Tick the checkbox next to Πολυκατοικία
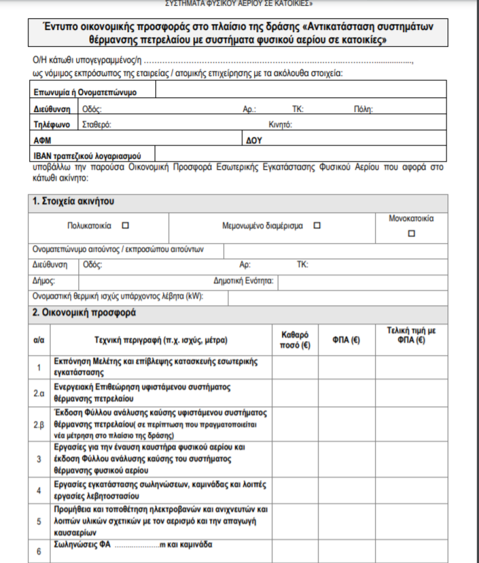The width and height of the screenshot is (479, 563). pos(126,225)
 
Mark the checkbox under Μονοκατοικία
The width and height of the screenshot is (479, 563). pos(412,233)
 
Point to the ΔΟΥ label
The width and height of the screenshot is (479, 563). pos(255,140)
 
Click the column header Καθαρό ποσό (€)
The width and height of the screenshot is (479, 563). pos(296,340)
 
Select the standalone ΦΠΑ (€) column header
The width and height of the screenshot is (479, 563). pos(347,341)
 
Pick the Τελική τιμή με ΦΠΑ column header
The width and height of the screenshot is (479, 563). pos(411,335)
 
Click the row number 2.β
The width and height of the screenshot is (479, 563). pos(39,424)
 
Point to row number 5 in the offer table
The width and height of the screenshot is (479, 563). pos(39,521)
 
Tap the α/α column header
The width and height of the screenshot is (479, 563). pos(39,341)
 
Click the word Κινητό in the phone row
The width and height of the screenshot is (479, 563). pos(281,125)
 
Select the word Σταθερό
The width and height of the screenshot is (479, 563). pos(97,125)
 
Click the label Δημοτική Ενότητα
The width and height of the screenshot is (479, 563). pos(246,282)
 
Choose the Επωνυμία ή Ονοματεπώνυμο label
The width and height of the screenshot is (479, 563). pos(85,92)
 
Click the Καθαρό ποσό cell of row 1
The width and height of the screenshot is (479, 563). pos(295,368)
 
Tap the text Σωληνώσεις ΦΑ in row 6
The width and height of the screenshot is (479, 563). pos(83,545)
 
